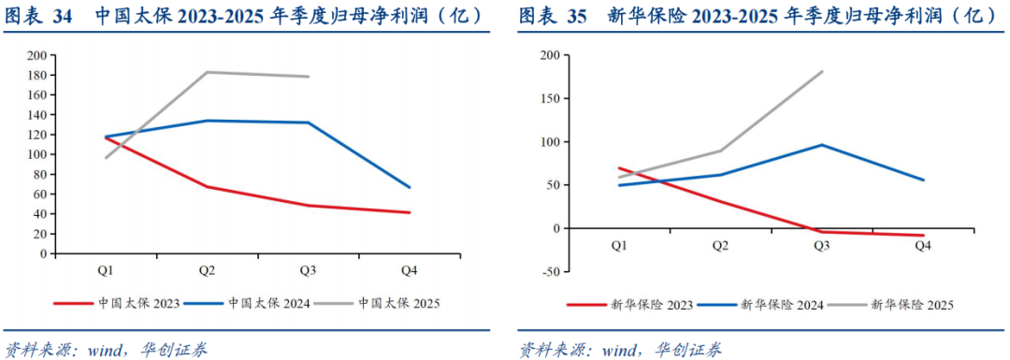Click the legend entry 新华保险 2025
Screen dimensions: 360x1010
click(911, 304)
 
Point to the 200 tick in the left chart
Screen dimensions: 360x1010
click(37, 55)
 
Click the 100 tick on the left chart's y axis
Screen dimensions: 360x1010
click(37, 154)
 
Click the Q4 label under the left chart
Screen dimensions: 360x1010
click(410, 270)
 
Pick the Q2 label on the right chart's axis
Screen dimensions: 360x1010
click(720, 246)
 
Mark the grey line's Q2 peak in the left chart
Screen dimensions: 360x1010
click(207, 72)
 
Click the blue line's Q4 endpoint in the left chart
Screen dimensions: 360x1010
click(410, 187)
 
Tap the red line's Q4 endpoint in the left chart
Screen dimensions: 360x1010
click(410, 212)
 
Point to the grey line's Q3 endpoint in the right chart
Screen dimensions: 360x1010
click(822, 71)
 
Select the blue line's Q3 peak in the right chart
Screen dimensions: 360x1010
click(822, 145)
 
